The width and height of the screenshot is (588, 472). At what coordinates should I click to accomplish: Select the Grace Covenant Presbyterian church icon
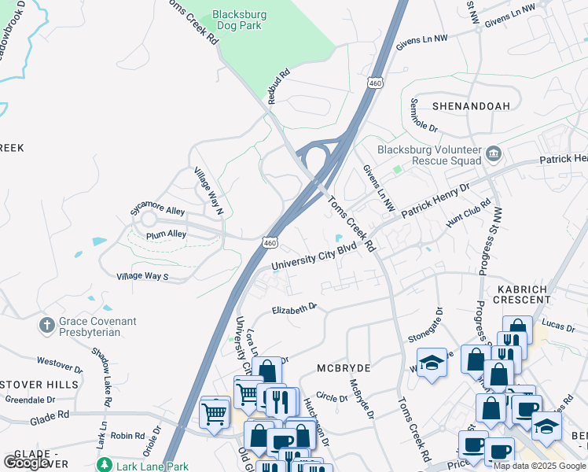[47, 324]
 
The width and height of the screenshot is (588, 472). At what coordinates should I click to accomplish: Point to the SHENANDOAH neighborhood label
[470, 105]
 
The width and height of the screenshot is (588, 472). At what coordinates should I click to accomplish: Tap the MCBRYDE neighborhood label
[343, 367]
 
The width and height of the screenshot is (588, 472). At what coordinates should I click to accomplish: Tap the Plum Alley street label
[166, 234]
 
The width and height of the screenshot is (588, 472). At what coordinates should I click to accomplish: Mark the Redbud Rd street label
[279, 87]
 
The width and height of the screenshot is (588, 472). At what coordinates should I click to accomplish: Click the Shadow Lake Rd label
[103, 371]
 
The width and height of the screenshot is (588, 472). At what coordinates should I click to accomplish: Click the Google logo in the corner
[26, 463]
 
